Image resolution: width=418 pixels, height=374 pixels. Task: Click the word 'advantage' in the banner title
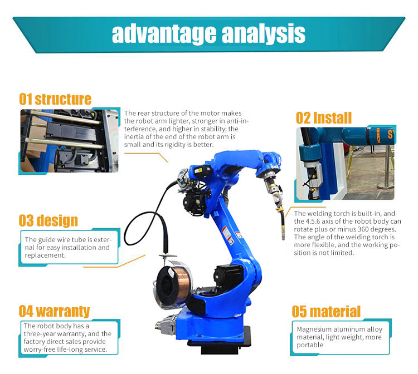point(164,34)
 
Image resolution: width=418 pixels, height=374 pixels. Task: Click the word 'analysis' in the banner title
point(264,34)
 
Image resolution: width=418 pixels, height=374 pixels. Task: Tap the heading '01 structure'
point(55,99)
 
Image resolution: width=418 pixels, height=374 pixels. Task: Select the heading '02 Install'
point(324,118)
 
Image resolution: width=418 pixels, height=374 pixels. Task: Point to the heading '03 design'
point(48,221)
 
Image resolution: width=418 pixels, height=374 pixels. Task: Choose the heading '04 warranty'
point(54,311)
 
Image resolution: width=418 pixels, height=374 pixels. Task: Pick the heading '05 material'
point(326,312)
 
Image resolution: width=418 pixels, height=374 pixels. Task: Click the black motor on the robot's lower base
point(227,277)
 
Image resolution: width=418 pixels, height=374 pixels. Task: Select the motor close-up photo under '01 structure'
point(69,141)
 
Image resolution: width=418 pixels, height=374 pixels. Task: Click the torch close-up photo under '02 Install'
point(345,164)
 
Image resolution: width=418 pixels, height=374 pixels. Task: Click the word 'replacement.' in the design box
point(45,255)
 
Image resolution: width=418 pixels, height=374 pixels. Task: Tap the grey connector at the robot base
point(166,324)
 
